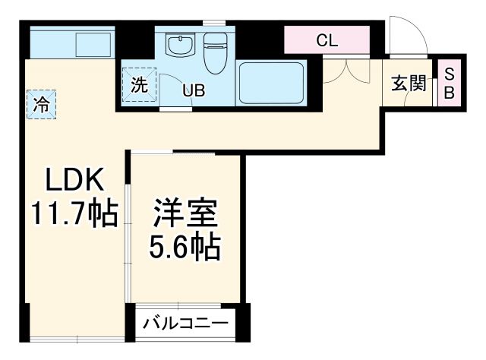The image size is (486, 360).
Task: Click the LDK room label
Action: [73, 181]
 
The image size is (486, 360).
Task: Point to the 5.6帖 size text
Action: [185, 247]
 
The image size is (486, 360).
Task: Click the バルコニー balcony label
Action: [185, 324]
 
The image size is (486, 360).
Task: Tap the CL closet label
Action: [327, 41]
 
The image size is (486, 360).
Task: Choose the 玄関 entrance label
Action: [408, 84]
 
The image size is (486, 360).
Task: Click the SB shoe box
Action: [449, 83]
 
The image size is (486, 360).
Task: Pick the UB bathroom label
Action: [193, 91]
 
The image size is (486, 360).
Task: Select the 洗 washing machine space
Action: [139, 84]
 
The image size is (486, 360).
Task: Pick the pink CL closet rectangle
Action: [327, 41]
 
